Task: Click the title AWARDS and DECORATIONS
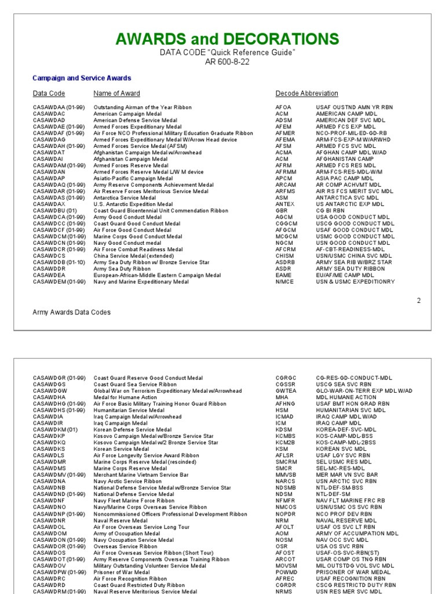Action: [x=227, y=39]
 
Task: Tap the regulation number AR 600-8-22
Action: [x=227, y=61]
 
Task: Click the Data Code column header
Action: [x=49, y=93]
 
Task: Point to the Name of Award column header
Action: [x=116, y=93]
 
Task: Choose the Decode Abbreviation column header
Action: [x=307, y=93]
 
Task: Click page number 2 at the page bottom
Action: [x=418, y=300]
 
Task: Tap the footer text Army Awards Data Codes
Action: [x=71, y=312]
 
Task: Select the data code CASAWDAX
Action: [x=49, y=204]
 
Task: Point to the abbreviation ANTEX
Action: [x=284, y=204]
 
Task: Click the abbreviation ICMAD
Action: [x=285, y=416]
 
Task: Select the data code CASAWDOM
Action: [x=50, y=533]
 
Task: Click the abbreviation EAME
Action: [x=283, y=275]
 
